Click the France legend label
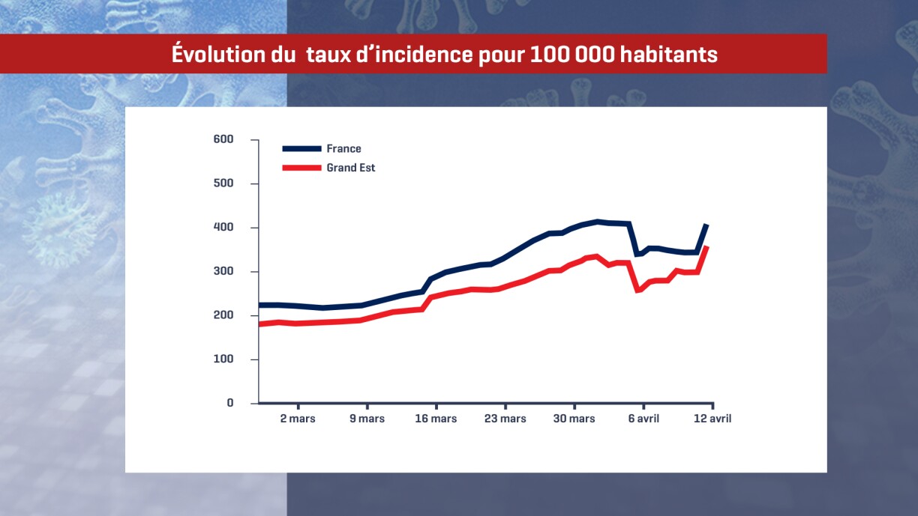tap(343, 149)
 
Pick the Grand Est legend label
tap(351, 168)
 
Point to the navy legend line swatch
tap(301, 149)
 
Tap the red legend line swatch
tap(301, 168)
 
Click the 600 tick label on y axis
tap(223, 139)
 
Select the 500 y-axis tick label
tap(223, 183)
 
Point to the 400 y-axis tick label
tap(223, 228)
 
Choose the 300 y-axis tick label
tap(223, 271)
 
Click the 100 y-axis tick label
tap(223, 359)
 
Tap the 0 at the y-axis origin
tap(230, 403)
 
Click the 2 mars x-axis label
tap(298, 419)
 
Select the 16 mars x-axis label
tap(436, 419)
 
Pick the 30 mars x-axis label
tap(574, 419)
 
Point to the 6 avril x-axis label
tap(643, 419)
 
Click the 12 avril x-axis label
tap(712, 419)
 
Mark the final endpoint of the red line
tap(706, 247)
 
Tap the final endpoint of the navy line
tap(706, 225)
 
